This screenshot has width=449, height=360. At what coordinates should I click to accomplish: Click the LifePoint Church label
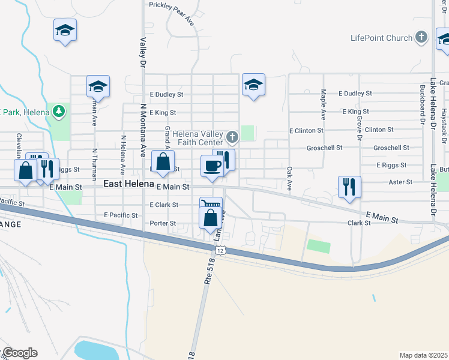click(x=382, y=38)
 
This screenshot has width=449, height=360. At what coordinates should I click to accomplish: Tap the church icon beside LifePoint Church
click(x=421, y=37)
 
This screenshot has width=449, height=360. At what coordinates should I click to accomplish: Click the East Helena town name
click(x=129, y=184)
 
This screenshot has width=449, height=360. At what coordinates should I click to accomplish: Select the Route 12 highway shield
click(x=221, y=250)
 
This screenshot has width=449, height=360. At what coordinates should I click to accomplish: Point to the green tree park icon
click(x=58, y=110)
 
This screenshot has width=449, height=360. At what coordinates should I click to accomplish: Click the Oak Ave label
click(x=289, y=179)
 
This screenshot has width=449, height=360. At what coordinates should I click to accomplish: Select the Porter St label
click(x=164, y=223)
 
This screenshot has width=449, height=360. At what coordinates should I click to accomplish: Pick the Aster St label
click(x=401, y=182)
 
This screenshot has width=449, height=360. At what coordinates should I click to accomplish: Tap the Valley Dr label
click(x=143, y=52)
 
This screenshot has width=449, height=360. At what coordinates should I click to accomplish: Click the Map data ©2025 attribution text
click(x=423, y=355)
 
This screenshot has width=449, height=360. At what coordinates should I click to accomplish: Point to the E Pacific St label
click(x=121, y=215)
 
